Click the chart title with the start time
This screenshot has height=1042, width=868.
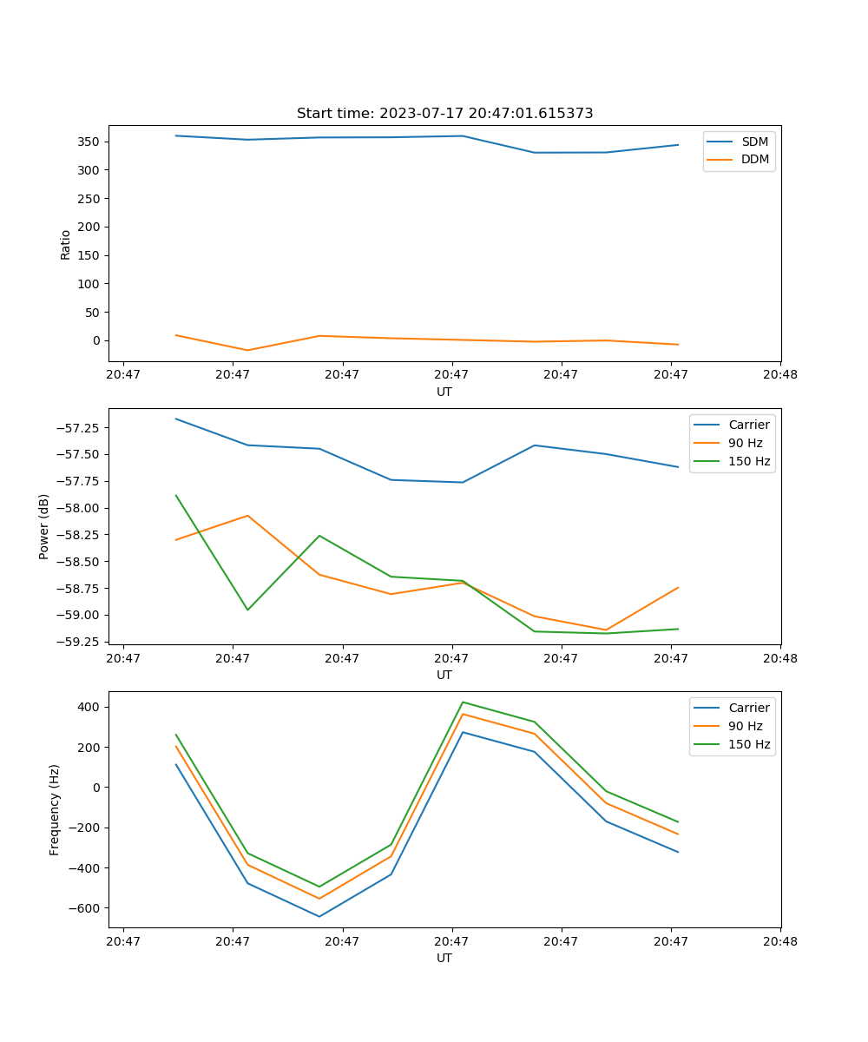coord(444,114)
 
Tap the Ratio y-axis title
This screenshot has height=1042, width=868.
coord(66,245)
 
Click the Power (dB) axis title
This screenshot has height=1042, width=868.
coord(44,526)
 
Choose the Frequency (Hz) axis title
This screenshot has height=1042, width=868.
coord(55,809)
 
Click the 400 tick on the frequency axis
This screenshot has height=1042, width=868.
coord(89,707)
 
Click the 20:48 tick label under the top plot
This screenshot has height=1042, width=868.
coord(780,375)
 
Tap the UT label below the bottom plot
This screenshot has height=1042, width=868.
coord(444,958)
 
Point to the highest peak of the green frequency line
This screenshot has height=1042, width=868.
coord(463,702)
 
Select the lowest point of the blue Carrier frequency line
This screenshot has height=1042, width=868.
coord(319,916)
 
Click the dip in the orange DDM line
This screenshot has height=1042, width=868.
coord(247,350)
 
